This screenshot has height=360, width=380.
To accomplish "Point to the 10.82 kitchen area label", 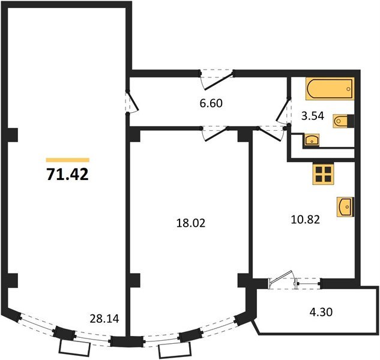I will coord(305,220).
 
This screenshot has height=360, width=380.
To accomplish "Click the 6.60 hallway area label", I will coord(211,103).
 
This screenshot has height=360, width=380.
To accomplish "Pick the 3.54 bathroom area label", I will coord(313,117).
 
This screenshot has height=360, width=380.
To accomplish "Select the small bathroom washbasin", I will coord(312,140).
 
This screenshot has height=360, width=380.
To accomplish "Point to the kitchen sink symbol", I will coord(346,207).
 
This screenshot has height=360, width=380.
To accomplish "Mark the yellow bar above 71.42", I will coord(67,160).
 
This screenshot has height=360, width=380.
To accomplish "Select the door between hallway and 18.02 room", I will coord(214,132).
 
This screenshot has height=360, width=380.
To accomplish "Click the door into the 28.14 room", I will coord(133,101).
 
